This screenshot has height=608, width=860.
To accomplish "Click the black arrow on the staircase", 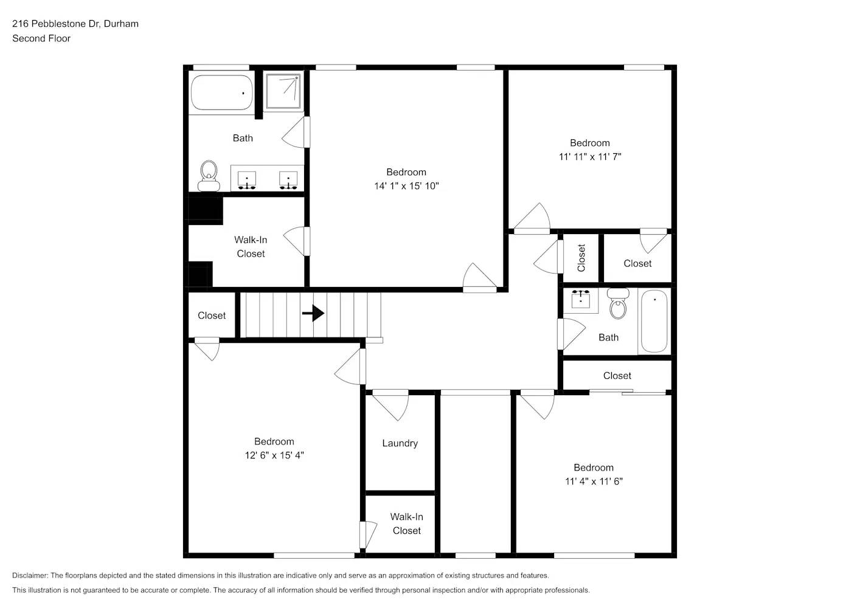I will [313, 313].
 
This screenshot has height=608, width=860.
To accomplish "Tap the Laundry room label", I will [400, 443].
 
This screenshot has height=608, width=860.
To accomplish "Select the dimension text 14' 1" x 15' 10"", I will [406, 186].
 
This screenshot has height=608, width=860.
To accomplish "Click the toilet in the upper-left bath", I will [209, 175].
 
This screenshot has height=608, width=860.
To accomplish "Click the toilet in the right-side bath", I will [618, 304].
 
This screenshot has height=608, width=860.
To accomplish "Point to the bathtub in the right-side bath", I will [654, 321].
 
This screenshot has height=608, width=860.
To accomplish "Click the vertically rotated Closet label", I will [581, 258].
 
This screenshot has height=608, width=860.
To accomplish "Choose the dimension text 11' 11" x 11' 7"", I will [590, 157].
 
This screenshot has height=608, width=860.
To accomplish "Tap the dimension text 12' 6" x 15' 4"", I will [274, 455].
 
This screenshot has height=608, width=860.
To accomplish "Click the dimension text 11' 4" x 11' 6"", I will [594, 482].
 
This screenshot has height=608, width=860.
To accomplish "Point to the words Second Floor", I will [41, 38].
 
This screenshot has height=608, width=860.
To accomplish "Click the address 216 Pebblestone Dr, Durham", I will [75, 24].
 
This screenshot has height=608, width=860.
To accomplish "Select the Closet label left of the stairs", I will [212, 316].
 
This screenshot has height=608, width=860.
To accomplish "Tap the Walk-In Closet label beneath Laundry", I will [406, 523].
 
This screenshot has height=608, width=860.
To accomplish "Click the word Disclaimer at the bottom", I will [30, 575].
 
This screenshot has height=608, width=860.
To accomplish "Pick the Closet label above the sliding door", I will [617, 376].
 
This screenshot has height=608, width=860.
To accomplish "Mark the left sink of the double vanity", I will [246, 179].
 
